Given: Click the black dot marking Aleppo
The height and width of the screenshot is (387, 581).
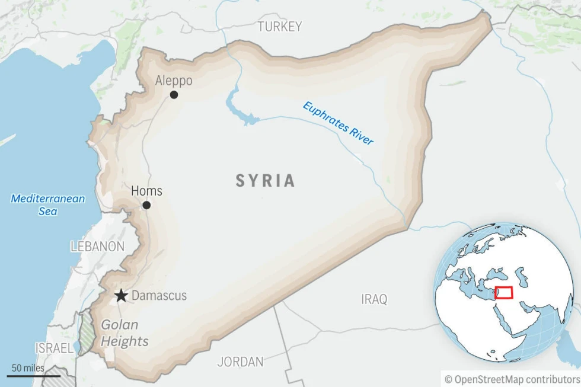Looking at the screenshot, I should [174, 95].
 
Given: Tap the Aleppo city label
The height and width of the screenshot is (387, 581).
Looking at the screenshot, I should [174, 81].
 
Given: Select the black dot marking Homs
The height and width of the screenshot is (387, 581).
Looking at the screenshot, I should [146, 205].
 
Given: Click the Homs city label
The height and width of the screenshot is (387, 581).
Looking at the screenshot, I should [146, 191].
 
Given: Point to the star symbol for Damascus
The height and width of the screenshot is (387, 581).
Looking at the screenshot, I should [121, 295].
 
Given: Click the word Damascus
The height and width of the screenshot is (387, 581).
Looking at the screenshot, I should [159, 295].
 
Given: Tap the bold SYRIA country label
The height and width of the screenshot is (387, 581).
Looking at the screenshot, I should [266, 181].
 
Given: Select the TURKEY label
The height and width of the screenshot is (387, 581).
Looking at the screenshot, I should [279, 27].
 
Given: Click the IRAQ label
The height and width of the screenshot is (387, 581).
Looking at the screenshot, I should [374, 299].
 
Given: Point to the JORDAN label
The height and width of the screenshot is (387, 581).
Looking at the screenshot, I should [240, 362].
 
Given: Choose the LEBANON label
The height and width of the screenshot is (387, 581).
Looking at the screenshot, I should [97, 247].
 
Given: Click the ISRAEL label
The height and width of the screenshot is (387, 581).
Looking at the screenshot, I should [54, 348].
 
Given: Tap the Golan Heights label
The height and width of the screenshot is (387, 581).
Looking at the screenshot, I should [123, 333].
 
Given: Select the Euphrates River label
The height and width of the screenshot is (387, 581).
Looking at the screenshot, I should [338, 123].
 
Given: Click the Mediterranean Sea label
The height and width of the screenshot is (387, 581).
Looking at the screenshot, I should [48, 204].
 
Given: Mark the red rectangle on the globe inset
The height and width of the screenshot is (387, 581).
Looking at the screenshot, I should [504, 293].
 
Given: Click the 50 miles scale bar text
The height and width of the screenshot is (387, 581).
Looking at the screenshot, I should [28, 368].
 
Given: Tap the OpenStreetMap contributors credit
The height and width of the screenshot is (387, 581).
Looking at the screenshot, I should [512, 378].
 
